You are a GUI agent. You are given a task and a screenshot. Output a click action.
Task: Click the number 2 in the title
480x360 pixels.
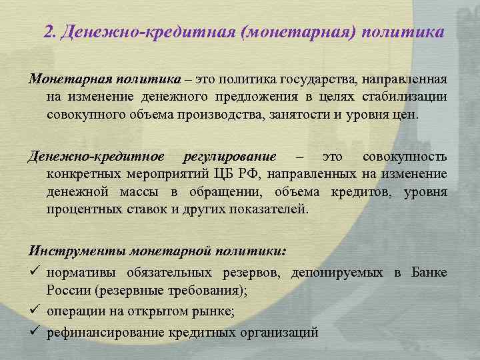pos(47,32)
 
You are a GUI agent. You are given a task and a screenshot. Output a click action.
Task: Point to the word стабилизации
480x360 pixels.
pos(409,97)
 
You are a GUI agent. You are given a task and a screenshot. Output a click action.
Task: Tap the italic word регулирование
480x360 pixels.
pos(229,157)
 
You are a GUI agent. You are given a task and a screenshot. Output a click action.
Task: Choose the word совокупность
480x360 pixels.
pos(405,157)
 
